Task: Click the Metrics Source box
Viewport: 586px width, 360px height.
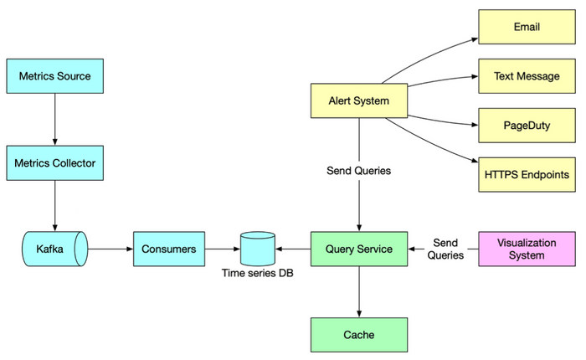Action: tap(54, 76)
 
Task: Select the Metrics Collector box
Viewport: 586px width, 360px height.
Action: tap(54, 162)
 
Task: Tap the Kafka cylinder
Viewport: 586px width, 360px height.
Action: tap(54, 249)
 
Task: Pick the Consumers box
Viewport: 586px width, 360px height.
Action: tap(169, 249)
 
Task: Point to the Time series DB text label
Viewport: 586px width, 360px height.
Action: tap(257, 273)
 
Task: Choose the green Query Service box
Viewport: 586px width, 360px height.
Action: tap(359, 249)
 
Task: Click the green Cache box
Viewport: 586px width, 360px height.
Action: tap(359, 335)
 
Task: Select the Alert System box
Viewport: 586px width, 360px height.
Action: tap(359, 100)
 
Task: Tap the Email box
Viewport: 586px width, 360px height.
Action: tap(527, 28)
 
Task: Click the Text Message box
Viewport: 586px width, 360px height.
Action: tap(527, 76)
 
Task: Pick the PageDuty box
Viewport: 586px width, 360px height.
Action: tap(527, 125)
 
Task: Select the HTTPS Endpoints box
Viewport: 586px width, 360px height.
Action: tap(527, 174)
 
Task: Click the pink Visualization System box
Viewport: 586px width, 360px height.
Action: tap(527, 249)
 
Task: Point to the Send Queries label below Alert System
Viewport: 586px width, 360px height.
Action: tap(359, 171)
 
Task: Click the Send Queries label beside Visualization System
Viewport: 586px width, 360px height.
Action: tap(445, 249)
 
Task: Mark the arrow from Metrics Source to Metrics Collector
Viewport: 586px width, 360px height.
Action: tap(54, 120)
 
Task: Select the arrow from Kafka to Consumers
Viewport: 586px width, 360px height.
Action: tap(111, 249)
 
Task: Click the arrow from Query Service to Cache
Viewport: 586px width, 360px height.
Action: tap(359, 292)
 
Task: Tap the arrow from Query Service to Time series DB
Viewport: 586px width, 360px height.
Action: tap(293, 249)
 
